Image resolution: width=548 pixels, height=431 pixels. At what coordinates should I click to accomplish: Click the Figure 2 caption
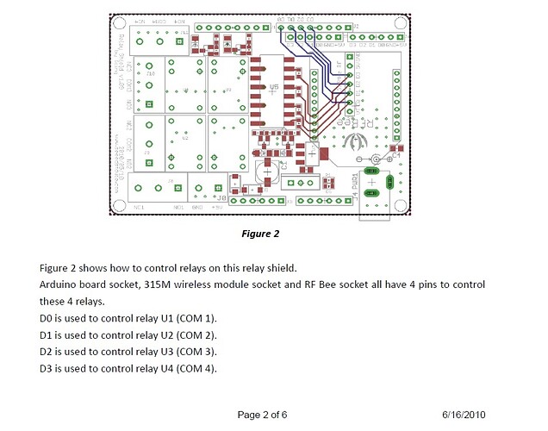tap(262, 234)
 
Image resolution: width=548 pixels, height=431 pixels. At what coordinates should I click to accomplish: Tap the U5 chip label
tap(273, 88)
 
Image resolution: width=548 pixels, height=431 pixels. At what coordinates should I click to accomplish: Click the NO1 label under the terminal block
tap(180, 207)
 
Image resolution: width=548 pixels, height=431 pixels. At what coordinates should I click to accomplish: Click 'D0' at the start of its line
tap(47, 318)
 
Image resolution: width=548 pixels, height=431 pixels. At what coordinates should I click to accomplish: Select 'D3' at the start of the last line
tap(47, 369)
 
